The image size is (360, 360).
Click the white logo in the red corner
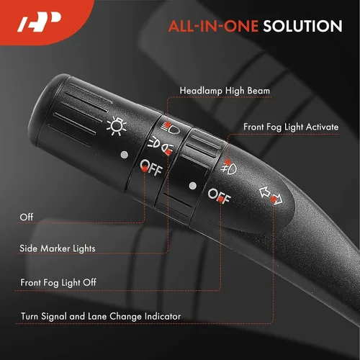(x=40, y=22)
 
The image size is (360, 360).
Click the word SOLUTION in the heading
(x=302, y=26)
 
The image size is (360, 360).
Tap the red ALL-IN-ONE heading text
(x=213, y=26)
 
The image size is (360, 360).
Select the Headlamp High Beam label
(x=225, y=91)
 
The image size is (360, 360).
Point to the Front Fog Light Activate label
(x=291, y=127)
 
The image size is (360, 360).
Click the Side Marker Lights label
(x=58, y=248)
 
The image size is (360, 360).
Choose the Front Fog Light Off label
(x=58, y=282)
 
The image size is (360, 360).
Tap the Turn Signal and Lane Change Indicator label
(x=101, y=316)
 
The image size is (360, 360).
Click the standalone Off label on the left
(x=27, y=217)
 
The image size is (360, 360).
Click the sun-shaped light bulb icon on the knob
(x=117, y=125)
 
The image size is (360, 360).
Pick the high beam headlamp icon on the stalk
(x=171, y=128)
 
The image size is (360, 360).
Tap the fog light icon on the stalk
(x=229, y=168)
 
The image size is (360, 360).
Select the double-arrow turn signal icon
(x=271, y=196)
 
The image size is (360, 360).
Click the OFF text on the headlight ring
(x=151, y=168)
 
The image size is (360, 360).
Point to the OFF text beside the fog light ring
(x=219, y=196)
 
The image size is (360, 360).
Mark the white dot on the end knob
(x=125, y=155)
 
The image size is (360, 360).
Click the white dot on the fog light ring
(x=192, y=186)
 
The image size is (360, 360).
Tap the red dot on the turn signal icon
(x=274, y=199)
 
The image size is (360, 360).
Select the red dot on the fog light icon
(x=228, y=162)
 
